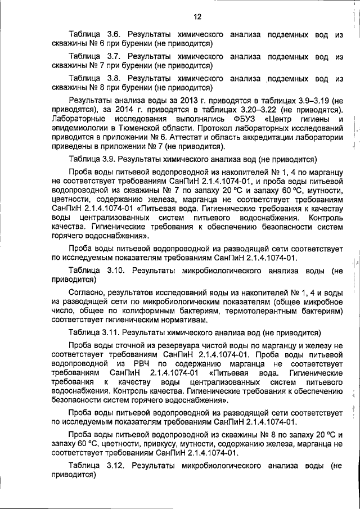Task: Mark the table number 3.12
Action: point(112,466)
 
